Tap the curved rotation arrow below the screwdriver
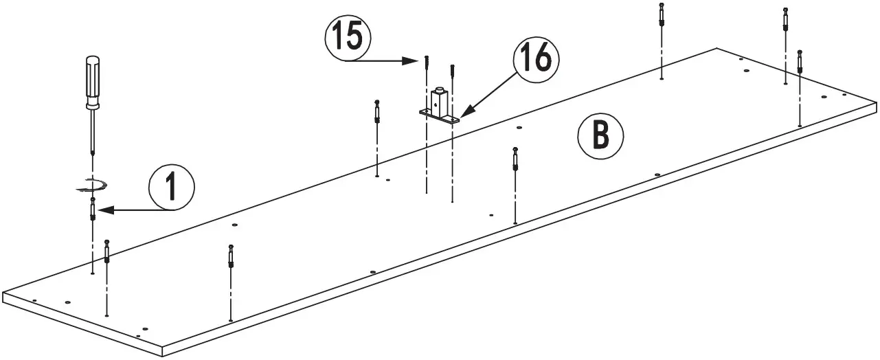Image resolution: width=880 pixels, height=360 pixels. (x=91, y=183)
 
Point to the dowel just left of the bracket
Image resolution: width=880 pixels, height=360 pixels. (x=378, y=111)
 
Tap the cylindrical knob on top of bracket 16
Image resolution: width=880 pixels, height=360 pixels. (x=438, y=90)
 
